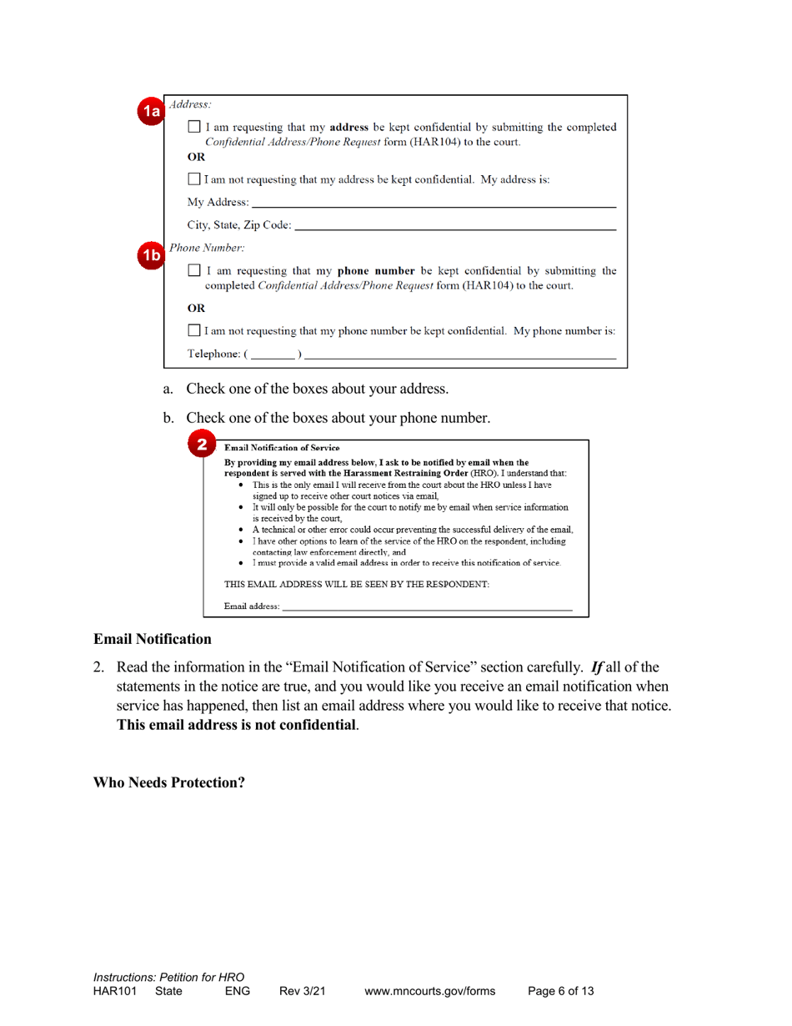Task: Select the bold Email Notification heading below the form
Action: [x=152, y=640]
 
